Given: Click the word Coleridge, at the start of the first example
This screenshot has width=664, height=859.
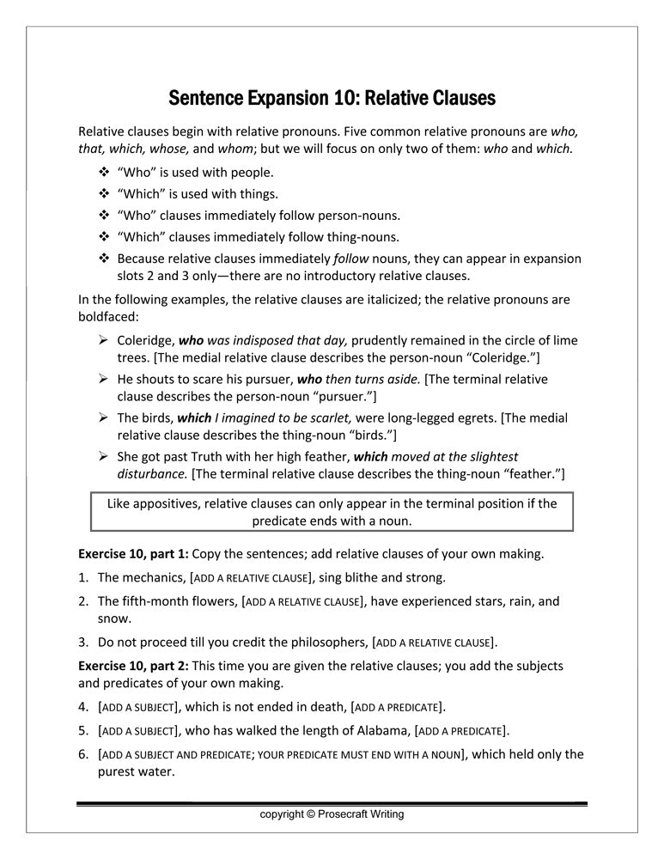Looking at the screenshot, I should click(x=145, y=340).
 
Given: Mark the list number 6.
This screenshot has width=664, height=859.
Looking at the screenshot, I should click(x=83, y=754).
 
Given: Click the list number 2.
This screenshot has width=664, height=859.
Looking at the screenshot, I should click(x=83, y=601).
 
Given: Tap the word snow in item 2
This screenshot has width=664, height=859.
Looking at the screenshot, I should click(x=113, y=618).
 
